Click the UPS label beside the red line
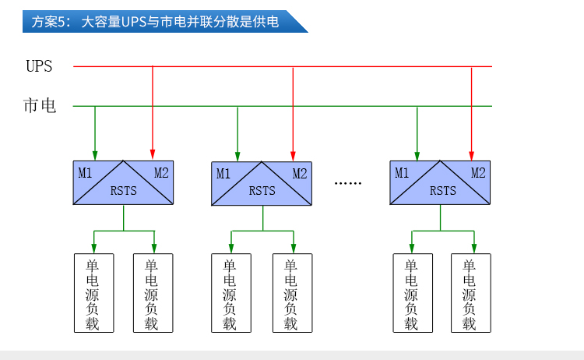pyautogui.click(x=39, y=66)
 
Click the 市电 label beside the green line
pyautogui.click(x=40, y=105)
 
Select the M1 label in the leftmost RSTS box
pyautogui.click(x=85, y=173)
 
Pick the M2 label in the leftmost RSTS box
pyautogui.click(x=161, y=173)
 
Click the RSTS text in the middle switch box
pyautogui.click(x=262, y=191)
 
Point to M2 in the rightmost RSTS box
pyautogui.click(x=478, y=173)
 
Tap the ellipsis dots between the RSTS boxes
pyautogui.click(x=348, y=183)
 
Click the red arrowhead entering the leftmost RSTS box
pyautogui.click(x=153, y=154)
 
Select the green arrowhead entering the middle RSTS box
pyautogui.click(x=237, y=156)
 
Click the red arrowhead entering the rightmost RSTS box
pyautogui.click(x=472, y=156)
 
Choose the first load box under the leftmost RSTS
pyautogui.click(x=94, y=293)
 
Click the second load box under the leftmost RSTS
pyautogui.click(x=153, y=293)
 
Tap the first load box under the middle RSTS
pyautogui.click(x=231, y=293)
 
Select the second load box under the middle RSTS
pyautogui.click(x=292, y=293)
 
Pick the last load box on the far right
pyautogui.click(x=471, y=293)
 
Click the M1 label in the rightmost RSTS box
pyautogui.click(x=402, y=173)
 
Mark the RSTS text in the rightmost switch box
pyautogui.click(x=443, y=191)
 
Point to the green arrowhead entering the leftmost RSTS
pyautogui.click(x=95, y=155)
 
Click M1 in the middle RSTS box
pyautogui.click(x=223, y=174)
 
